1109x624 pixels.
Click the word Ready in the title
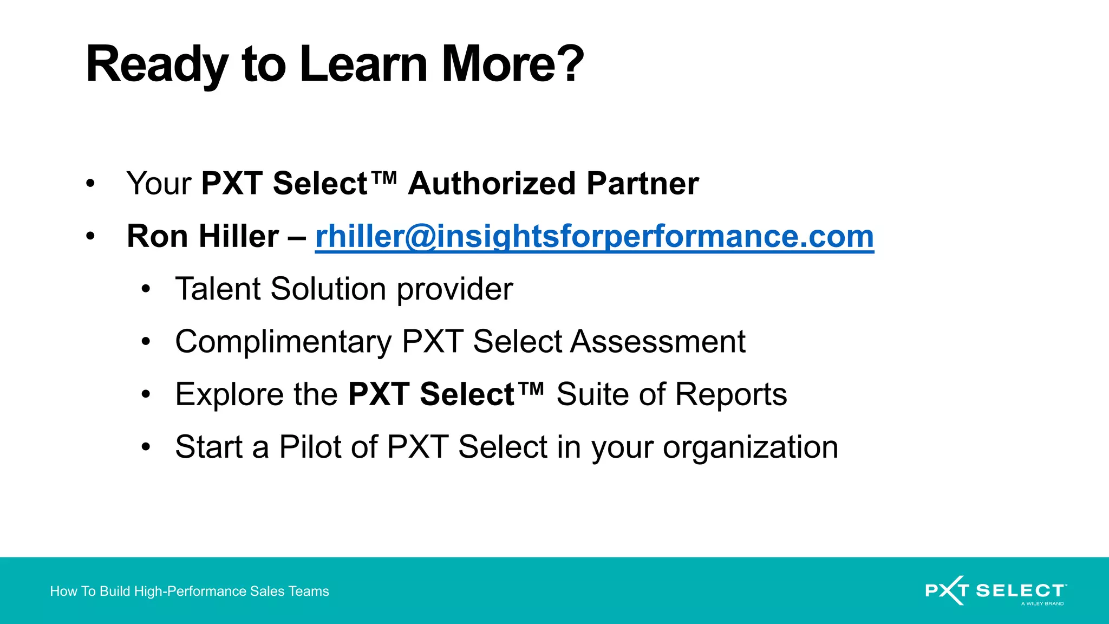(x=157, y=65)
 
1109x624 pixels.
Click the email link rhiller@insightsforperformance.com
(x=594, y=237)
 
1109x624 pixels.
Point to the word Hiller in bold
(x=239, y=237)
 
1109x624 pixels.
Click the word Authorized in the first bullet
(x=492, y=184)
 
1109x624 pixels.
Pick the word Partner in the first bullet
(x=643, y=184)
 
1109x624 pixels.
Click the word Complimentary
(x=283, y=342)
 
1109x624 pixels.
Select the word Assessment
(x=658, y=342)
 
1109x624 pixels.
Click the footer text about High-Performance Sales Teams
(x=190, y=591)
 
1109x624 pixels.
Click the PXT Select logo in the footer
(x=995, y=590)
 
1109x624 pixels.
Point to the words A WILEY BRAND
(x=1042, y=603)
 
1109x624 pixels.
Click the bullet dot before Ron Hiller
(x=90, y=237)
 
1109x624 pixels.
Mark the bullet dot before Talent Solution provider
(x=145, y=289)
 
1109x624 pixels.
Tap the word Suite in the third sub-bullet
(x=592, y=394)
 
